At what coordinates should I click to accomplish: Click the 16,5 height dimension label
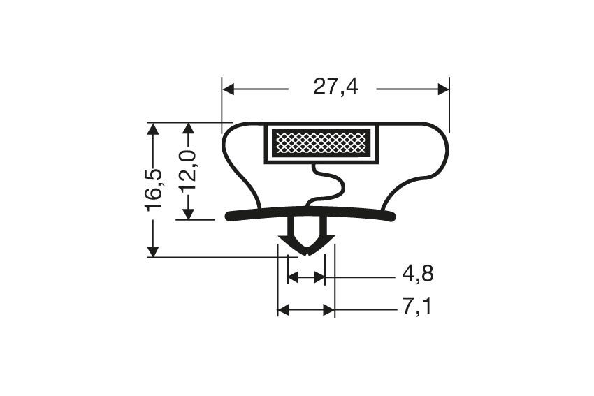click(153, 189)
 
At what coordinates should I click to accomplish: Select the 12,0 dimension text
click(187, 171)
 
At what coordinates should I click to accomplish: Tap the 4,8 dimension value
click(417, 274)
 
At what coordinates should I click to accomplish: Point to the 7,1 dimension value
click(416, 307)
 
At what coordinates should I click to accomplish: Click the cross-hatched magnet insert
click(321, 142)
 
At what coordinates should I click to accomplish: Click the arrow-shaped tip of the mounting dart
click(306, 248)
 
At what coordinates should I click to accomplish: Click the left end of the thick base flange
click(230, 217)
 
